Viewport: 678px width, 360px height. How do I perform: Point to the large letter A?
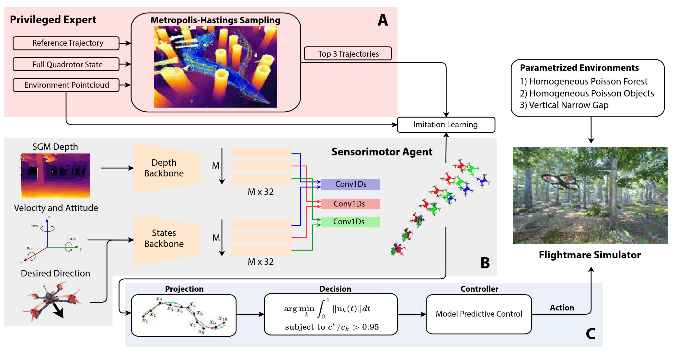[x=383, y=20]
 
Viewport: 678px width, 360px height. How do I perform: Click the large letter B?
[x=485, y=263]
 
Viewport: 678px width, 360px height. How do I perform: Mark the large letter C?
[x=591, y=334]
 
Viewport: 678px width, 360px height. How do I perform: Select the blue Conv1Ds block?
[x=350, y=184]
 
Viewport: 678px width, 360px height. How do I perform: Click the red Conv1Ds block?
[x=350, y=204]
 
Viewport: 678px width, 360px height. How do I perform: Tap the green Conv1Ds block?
[x=350, y=222]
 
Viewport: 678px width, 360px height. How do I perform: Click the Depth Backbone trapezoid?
[x=167, y=168]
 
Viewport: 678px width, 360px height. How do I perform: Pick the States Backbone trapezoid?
[x=167, y=240]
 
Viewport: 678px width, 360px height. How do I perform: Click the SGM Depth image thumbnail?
[x=55, y=176]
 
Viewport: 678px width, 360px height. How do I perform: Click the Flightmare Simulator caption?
[x=590, y=255]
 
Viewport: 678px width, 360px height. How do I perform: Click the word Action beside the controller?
[x=562, y=308]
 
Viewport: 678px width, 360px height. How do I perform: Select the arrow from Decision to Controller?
[x=412, y=314]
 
